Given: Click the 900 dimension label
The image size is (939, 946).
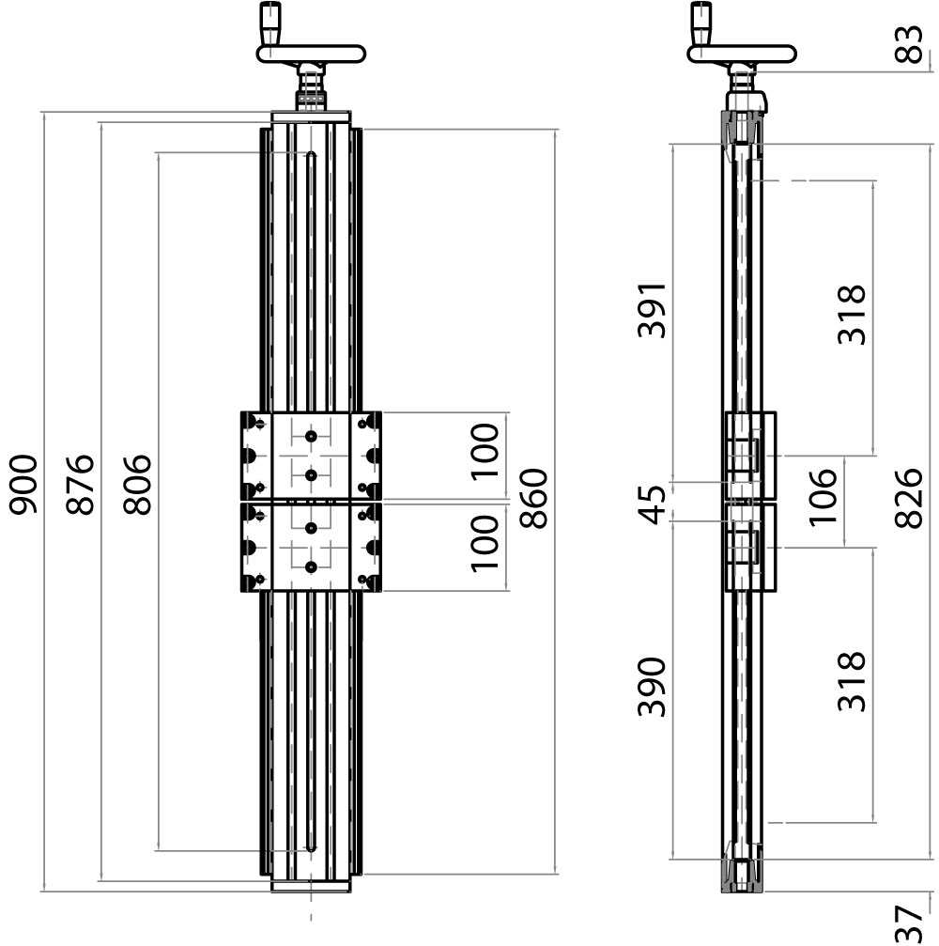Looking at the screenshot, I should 23,485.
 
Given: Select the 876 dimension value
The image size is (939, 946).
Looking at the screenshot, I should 81,485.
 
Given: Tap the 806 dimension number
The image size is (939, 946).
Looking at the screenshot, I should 137,485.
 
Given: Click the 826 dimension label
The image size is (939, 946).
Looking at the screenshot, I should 909,499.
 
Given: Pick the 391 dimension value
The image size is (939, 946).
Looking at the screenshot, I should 651,310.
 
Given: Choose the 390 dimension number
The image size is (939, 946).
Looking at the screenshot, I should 651,687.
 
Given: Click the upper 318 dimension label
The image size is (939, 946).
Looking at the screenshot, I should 851,316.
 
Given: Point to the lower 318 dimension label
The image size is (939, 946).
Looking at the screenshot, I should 851,682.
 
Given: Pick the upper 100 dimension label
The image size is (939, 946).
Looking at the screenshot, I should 485,452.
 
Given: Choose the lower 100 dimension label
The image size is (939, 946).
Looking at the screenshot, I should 485,544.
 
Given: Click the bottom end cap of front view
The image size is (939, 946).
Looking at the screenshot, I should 311,885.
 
